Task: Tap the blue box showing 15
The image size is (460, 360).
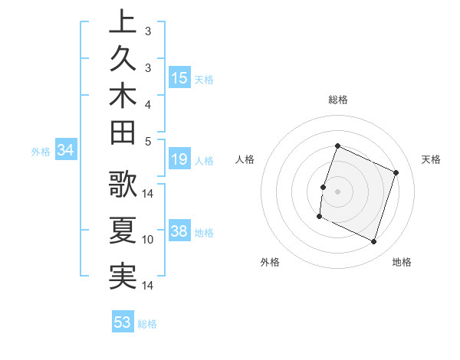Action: [x=179, y=78]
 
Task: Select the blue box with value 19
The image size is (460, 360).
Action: [x=179, y=160]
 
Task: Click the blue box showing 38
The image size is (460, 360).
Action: [x=179, y=232]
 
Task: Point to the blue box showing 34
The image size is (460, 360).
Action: [x=66, y=151]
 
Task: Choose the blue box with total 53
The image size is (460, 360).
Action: [x=123, y=322]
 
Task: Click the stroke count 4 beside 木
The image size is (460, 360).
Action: [x=147, y=103]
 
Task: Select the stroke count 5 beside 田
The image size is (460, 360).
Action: [x=147, y=141]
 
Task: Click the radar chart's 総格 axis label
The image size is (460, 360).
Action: [x=338, y=100]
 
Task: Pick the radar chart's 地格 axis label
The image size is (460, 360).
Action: [x=402, y=262]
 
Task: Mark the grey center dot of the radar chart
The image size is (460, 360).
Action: [x=337, y=191]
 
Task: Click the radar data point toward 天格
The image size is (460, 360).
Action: [x=396, y=172]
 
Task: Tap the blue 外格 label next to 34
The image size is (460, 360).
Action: [x=41, y=152]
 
